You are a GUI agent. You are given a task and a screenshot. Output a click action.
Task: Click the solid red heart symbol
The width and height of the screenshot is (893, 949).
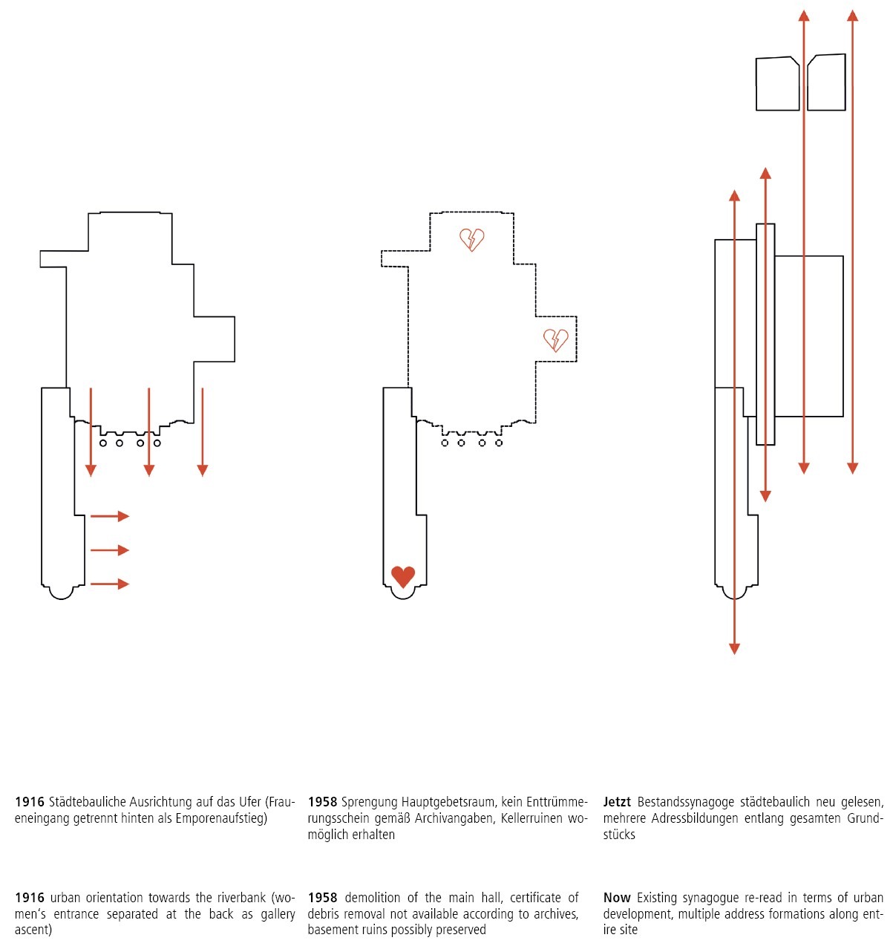(402, 576)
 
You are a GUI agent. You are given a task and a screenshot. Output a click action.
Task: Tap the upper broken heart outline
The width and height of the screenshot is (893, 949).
(471, 239)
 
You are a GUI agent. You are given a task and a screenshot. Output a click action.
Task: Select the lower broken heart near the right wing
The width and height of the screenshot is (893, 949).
(555, 339)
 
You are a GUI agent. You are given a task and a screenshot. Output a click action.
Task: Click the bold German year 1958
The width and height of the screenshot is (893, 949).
(322, 802)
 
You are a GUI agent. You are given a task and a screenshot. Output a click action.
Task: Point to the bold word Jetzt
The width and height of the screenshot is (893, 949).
(617, 802)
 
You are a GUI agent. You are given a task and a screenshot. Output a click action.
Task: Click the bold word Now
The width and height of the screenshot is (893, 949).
(617, 898)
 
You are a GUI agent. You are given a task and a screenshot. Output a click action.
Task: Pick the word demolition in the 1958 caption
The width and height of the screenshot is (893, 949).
(376, 898)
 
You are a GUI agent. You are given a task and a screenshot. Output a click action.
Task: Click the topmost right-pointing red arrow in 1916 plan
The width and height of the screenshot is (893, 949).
(110, 516)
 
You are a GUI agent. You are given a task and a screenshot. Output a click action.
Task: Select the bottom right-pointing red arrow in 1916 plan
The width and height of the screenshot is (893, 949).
(110, 584)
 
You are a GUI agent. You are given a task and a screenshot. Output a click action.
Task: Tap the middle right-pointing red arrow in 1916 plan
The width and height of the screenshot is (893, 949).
(110, 550)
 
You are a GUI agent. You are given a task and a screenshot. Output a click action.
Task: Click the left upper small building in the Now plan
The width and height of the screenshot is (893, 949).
(777, 85)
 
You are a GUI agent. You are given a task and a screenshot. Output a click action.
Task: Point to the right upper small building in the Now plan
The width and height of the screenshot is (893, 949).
(826, 83)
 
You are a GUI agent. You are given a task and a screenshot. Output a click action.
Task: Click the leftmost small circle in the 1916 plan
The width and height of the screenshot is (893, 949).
(102, 443)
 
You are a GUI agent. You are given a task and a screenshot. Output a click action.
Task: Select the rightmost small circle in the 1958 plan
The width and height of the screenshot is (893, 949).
(499, 443)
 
